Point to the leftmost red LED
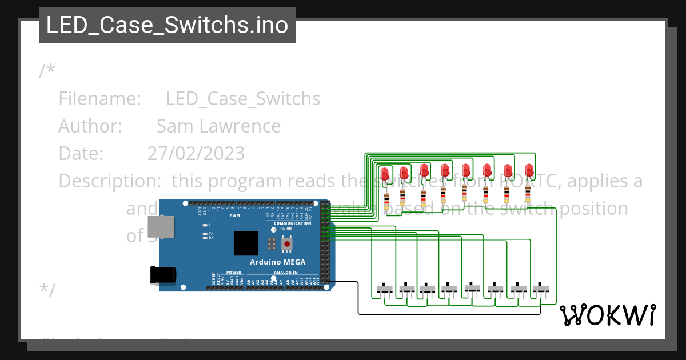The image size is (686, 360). pos(384,173)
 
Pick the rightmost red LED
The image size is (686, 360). pos(529,170)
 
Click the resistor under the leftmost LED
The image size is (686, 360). pos(386,200)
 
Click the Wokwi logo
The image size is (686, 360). pos(607,315)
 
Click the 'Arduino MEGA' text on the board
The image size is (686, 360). pos(277,262)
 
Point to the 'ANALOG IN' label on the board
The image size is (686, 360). pos(286,273)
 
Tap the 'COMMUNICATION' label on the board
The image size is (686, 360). pos(292,223)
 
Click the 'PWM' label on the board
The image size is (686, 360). pos(235,215)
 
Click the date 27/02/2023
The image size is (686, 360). pos(196,154)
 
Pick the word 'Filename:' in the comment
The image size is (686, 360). pos(99,99)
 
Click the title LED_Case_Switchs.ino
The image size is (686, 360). pos(167,25)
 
